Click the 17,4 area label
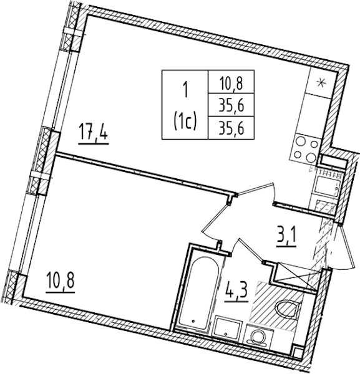click(x=94, y=135)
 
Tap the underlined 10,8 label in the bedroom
click(x=61, y=283)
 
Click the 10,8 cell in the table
click(x=231, y=82)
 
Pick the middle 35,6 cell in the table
click(x=231, y=105)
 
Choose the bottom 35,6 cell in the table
click(x=231, y=128)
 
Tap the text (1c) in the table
click(x=185, y=122)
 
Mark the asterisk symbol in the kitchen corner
click(x=321, y=83)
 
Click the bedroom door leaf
click(x=214, y=218)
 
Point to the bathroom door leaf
click(x=251, y=251)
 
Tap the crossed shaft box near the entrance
click(x=296, y=277)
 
